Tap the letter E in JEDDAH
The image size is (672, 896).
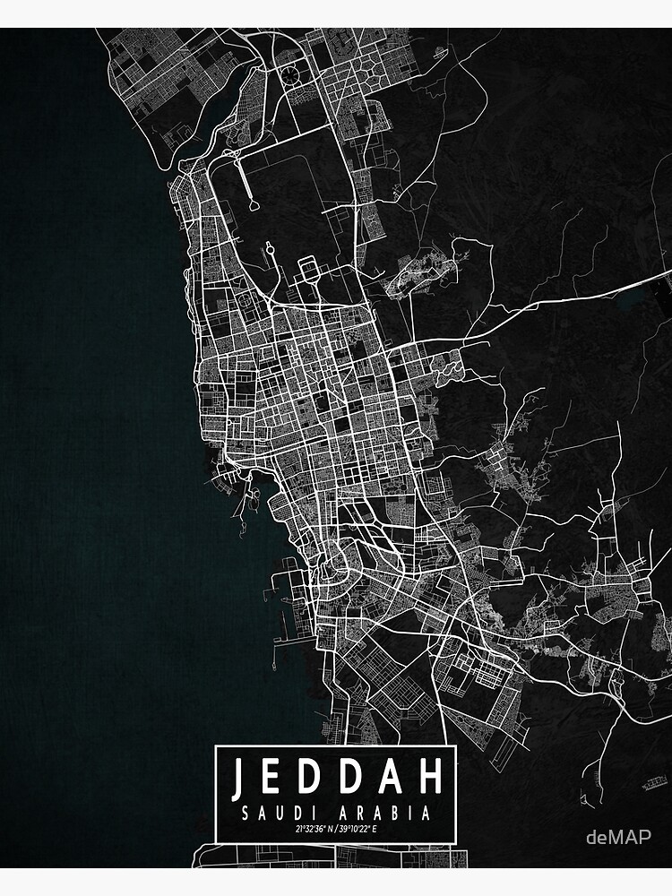273,780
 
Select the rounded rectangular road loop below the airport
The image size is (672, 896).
308,268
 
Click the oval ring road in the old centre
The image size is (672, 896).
340,564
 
